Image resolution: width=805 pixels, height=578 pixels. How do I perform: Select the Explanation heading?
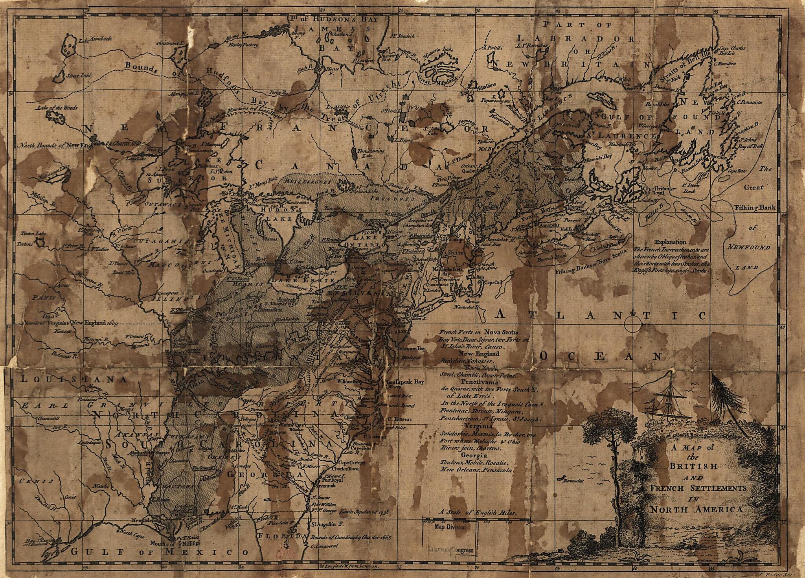click(x=671, y=242)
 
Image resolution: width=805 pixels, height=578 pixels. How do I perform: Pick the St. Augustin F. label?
click(x=328, y=525)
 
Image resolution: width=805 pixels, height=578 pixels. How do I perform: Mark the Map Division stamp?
click(x=450, y=527)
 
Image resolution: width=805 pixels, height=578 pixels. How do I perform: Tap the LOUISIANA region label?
click(x=74, y=380)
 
